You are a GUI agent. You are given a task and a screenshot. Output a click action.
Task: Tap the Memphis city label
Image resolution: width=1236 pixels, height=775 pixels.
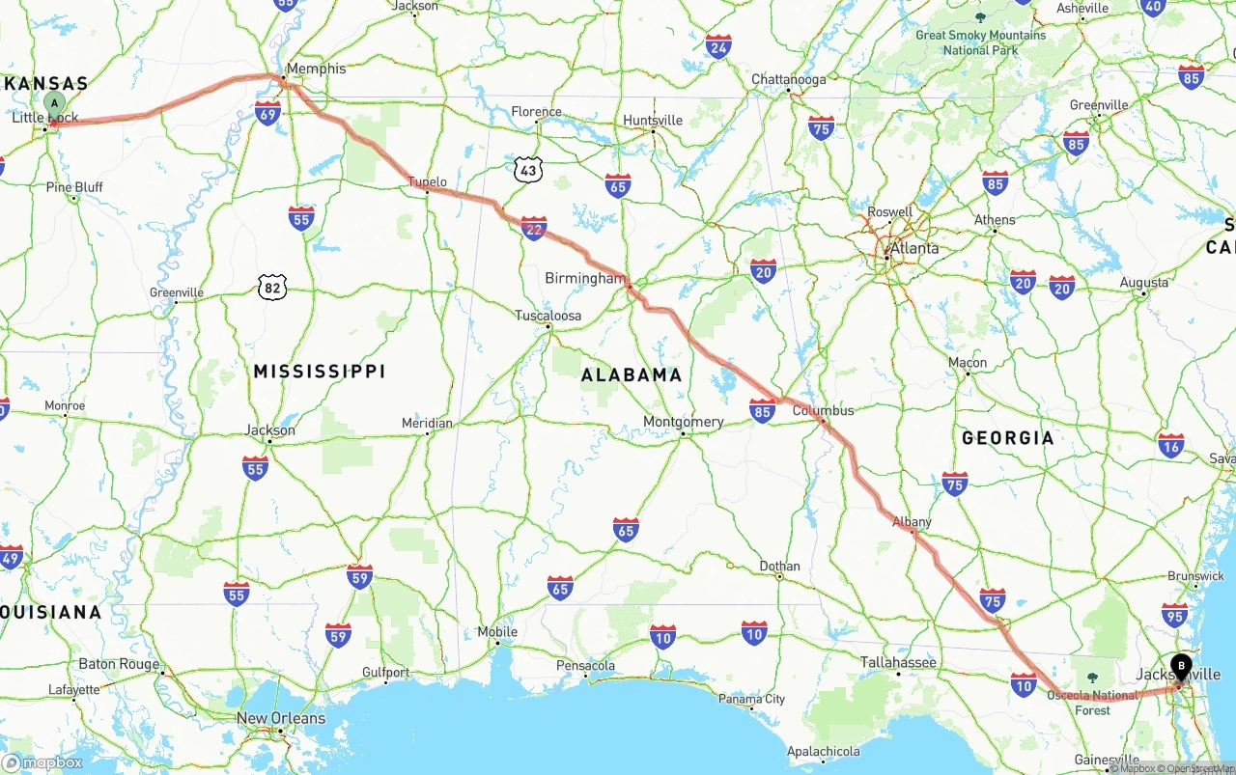click(x=316, y=69)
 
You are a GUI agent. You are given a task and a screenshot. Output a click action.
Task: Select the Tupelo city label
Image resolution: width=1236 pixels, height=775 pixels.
click(x=427, y=181)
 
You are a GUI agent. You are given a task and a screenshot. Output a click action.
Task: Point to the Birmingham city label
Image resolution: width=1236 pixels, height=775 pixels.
click(x=585, y=278)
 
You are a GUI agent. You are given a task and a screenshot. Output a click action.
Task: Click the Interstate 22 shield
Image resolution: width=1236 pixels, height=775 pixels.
click(x=534, y=228)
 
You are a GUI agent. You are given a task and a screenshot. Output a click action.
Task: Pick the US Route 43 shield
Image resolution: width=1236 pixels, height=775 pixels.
click(x=527, y=171)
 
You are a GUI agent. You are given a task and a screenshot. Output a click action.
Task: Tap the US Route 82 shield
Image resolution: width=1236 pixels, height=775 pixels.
click(x=272, y=286)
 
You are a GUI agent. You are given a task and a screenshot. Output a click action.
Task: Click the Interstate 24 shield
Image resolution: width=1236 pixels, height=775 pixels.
click(x=717, y=46)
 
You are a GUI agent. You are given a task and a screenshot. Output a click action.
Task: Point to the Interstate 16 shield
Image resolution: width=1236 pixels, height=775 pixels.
click(x=1171, y=444)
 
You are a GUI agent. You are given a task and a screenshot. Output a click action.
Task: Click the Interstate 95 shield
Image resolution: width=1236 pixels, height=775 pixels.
click(x=1175, y=615)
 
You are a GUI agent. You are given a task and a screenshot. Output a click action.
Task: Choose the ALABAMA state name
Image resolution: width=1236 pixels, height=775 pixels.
click(x=632, y=375)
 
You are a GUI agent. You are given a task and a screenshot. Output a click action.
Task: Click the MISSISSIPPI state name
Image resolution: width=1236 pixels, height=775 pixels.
click(x=320, y=372)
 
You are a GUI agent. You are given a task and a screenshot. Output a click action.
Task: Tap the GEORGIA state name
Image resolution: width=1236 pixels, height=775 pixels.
click(x=1008, y=438)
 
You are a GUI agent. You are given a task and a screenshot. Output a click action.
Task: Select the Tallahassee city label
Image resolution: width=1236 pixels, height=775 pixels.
click(x=899, y=662)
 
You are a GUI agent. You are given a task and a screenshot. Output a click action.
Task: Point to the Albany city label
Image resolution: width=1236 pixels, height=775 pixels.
click(x=912, y=522)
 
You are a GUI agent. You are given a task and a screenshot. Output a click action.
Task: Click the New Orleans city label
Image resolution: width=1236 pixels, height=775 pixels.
click(x=281, y=718)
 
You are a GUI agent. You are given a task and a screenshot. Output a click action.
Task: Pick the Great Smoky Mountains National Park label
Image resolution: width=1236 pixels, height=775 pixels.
click(x=980, y=42)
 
